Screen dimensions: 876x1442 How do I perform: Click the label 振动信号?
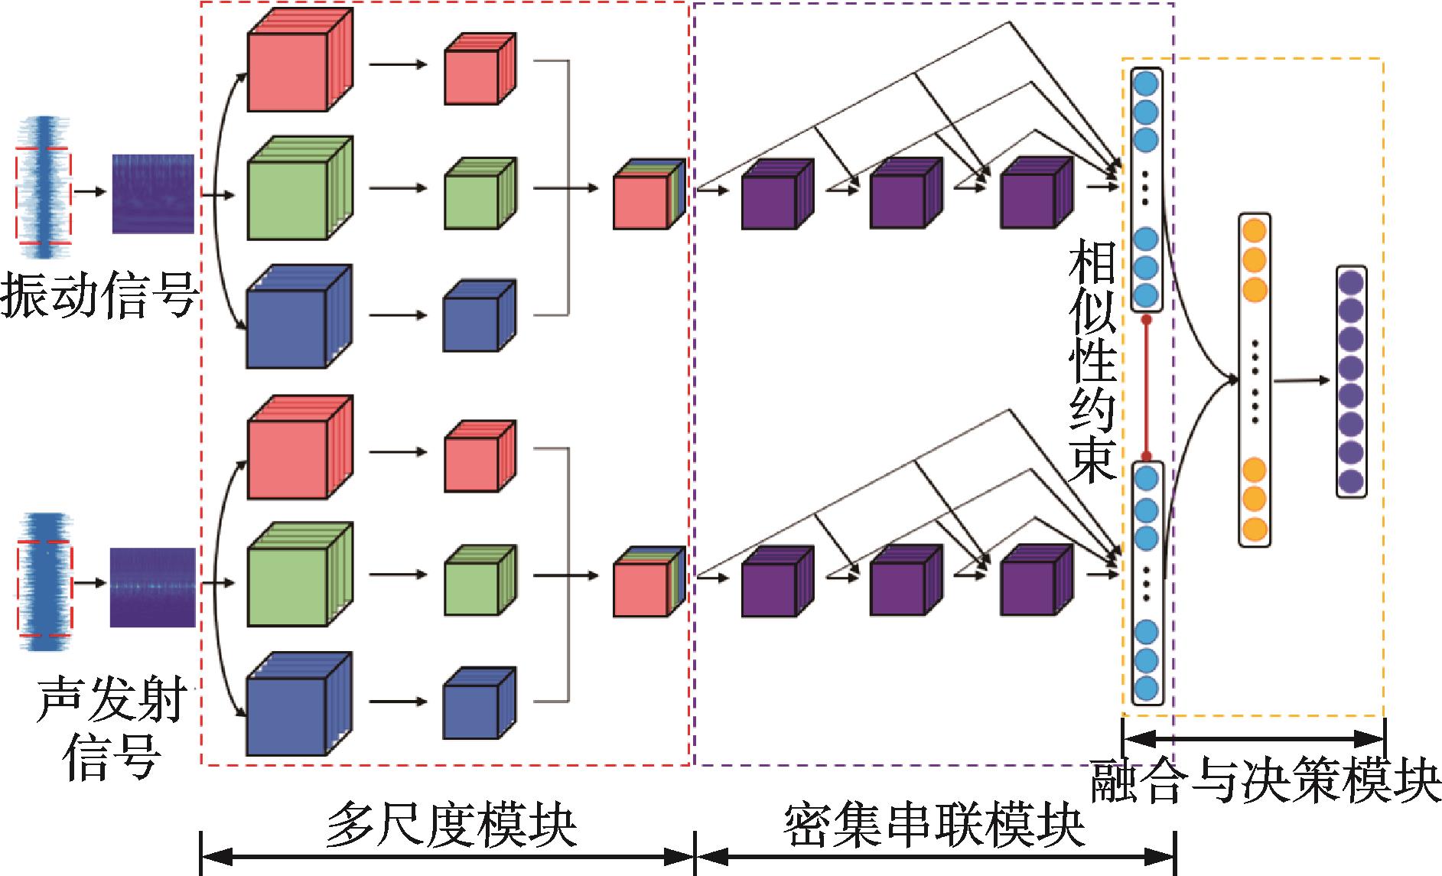pyautogui.click(x=99, y=296)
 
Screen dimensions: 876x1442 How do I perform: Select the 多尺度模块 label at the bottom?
pyautogui.click(x=451, y=825)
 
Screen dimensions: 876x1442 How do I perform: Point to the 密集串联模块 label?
pyautogui.click(x=934, y=825)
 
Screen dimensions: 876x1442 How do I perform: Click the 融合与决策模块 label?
pyautogui.click(x=1265, y=780)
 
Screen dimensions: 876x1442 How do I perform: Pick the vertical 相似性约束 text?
pyautogui.click(x=1092, y=360)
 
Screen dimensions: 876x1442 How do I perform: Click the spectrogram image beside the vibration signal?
pyautogui.click(x=153, y=194)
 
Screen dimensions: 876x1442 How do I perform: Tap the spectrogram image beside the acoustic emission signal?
pyautogui.click(x=152, y=587)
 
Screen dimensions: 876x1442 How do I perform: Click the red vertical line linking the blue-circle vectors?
pyautogui.click(x=1146, y=386)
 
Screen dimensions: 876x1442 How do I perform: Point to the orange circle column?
pyautogui.click(x=1254, y=379)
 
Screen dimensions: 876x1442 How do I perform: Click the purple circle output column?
pyautogui.click(x=1351, y=382)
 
